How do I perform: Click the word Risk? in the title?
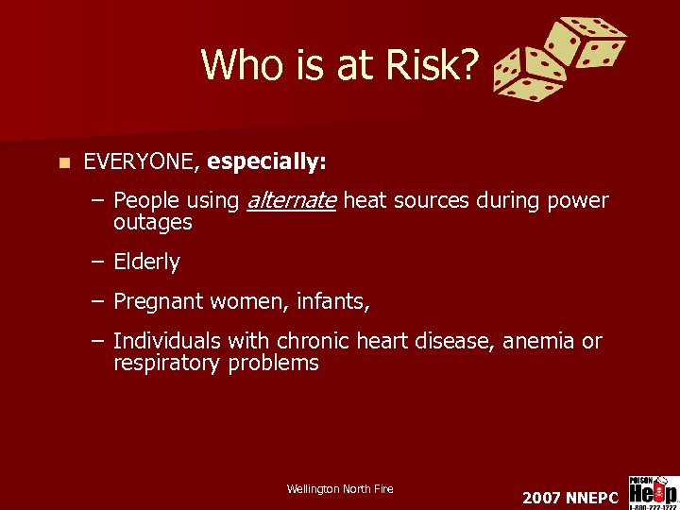(435, 65)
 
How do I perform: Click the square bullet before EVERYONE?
(63, 162)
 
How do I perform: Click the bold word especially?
(267, 162)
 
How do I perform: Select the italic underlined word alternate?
(291, 200)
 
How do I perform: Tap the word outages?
(152, 223)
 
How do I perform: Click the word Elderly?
(146, 262)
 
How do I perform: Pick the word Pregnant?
(157, 302)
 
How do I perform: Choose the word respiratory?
(167, 363)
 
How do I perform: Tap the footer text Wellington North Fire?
(340, 488)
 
